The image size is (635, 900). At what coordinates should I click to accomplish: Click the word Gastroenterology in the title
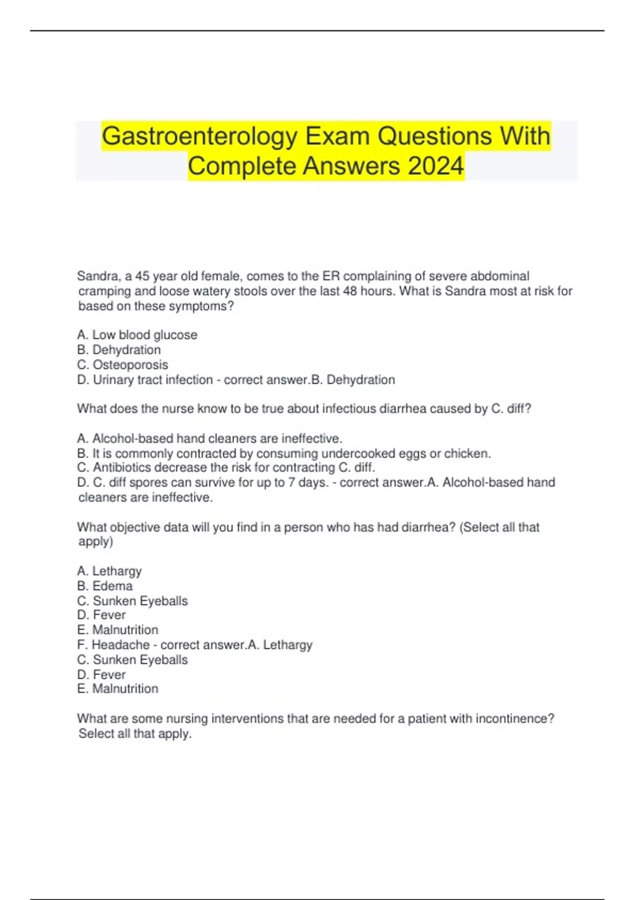tap(201, 137)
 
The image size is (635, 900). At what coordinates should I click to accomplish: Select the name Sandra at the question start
tap(98, 276)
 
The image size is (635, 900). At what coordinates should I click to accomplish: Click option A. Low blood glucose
tap(137, 335)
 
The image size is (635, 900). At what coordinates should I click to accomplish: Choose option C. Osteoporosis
tap(123, 365)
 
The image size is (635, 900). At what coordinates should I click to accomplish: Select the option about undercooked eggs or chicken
tap(284, 454)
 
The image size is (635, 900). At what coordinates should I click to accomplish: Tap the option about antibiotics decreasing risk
tap(226, 468)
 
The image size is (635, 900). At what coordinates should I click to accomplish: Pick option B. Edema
tap(105, 586)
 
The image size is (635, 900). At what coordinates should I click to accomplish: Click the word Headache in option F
tap(121, 645)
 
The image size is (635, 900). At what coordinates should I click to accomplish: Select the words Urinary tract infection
tap(153, 380)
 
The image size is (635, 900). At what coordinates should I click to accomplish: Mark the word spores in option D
tap(148, 483)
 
